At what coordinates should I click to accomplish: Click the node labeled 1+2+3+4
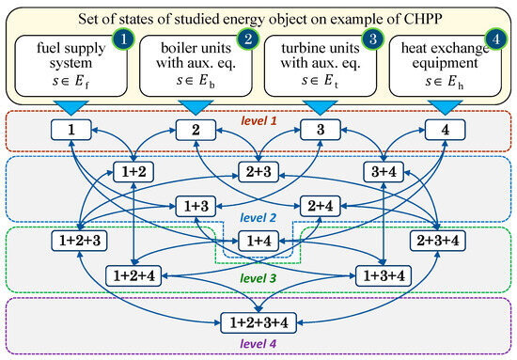258,321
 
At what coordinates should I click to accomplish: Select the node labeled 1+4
258,242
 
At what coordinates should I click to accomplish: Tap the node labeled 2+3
258,171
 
